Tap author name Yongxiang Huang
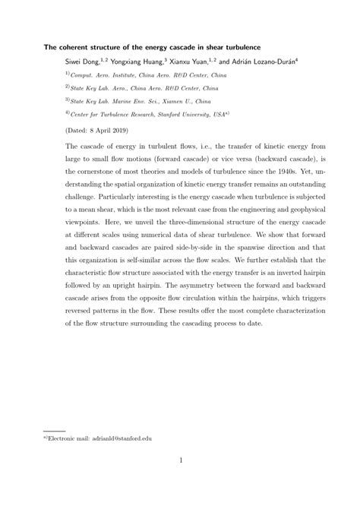pos(148,61)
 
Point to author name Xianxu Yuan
pos(212,61)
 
